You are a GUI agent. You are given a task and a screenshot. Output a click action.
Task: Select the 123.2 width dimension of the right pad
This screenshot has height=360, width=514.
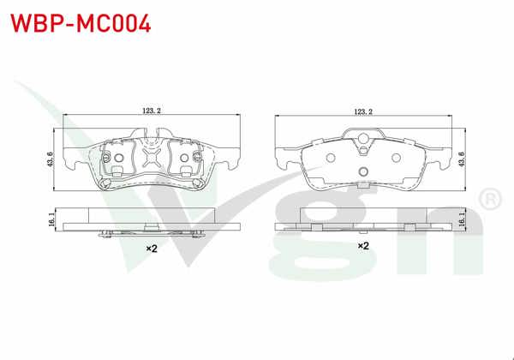(x=363, y=110)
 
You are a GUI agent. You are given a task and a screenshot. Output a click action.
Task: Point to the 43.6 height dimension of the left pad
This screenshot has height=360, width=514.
(x=51, y=159)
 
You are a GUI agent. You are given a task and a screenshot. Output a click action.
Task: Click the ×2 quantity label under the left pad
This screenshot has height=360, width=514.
(x=151, y=248)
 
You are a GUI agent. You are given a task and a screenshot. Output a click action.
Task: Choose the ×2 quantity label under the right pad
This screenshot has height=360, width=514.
(x=363, y=245)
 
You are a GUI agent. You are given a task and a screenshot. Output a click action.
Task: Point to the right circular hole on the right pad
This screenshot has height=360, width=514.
(x=396, y=157)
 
